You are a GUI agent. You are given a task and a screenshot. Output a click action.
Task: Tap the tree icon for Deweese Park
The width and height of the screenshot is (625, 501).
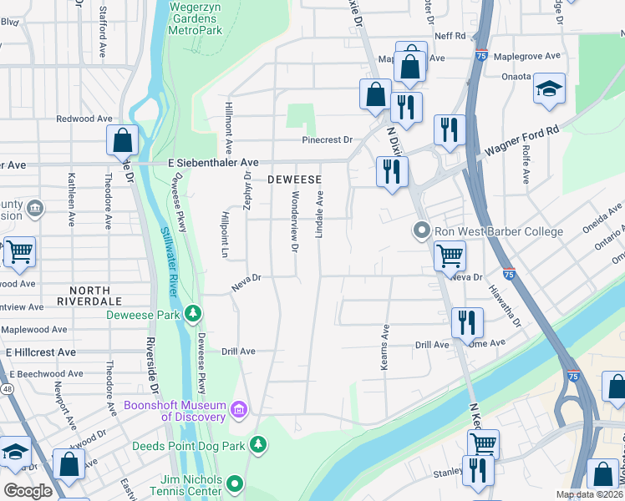pyautogui.click(x=193, y=314)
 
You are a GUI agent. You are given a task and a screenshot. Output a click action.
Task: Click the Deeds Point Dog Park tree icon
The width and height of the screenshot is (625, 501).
pyautogui.click(x=259, y=444)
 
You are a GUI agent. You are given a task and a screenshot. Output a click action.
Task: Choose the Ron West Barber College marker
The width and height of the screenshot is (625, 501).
pyautogui.click(x=422, y=230)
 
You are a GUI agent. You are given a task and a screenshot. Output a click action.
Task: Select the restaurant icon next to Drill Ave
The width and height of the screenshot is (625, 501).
pyautogui.click(x=466, y=322)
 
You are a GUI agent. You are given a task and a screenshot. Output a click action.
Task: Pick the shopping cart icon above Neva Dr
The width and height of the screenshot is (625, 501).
pyautogui.click(x=450, y=255)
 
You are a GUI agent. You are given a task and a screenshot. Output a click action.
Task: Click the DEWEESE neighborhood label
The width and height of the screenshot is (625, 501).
pyautogui.click(x=294, y=180)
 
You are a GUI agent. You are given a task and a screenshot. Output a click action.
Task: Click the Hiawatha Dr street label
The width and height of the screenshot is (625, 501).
pyautogui.click(x=506, y=303)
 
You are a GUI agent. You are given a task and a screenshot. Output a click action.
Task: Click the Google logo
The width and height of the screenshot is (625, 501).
pyautogui.click(x=28, y=492)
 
